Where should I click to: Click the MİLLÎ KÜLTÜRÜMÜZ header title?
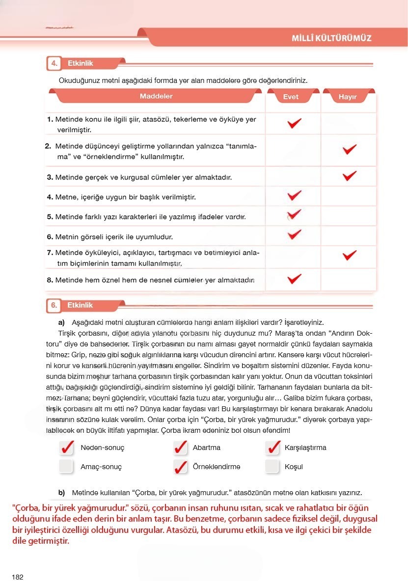[x=331, y=38]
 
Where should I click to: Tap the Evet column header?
[x=291, y=97]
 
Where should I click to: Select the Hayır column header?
[x=347, y=97]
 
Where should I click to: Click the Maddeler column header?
[x=156, y=97]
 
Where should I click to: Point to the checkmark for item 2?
[x=349, y=149]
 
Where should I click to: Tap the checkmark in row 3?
[x=349, y=175]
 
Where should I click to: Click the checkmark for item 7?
[x=349, y=255]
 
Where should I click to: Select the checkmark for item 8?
[x=294, y=279]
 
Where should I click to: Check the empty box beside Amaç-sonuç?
[x=66, y=466]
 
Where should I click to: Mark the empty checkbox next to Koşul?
[x=272, y=466]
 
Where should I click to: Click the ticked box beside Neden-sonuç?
[x=66, y=448]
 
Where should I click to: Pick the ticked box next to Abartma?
[x=181, y=448]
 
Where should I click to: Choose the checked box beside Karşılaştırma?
[x=272, y=448]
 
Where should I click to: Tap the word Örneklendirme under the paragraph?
[x=217, y=467]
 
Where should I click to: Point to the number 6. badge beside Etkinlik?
[x=54, y=305]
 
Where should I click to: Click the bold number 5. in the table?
[x=50, y=216]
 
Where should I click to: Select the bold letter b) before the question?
[x=61, y=492]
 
